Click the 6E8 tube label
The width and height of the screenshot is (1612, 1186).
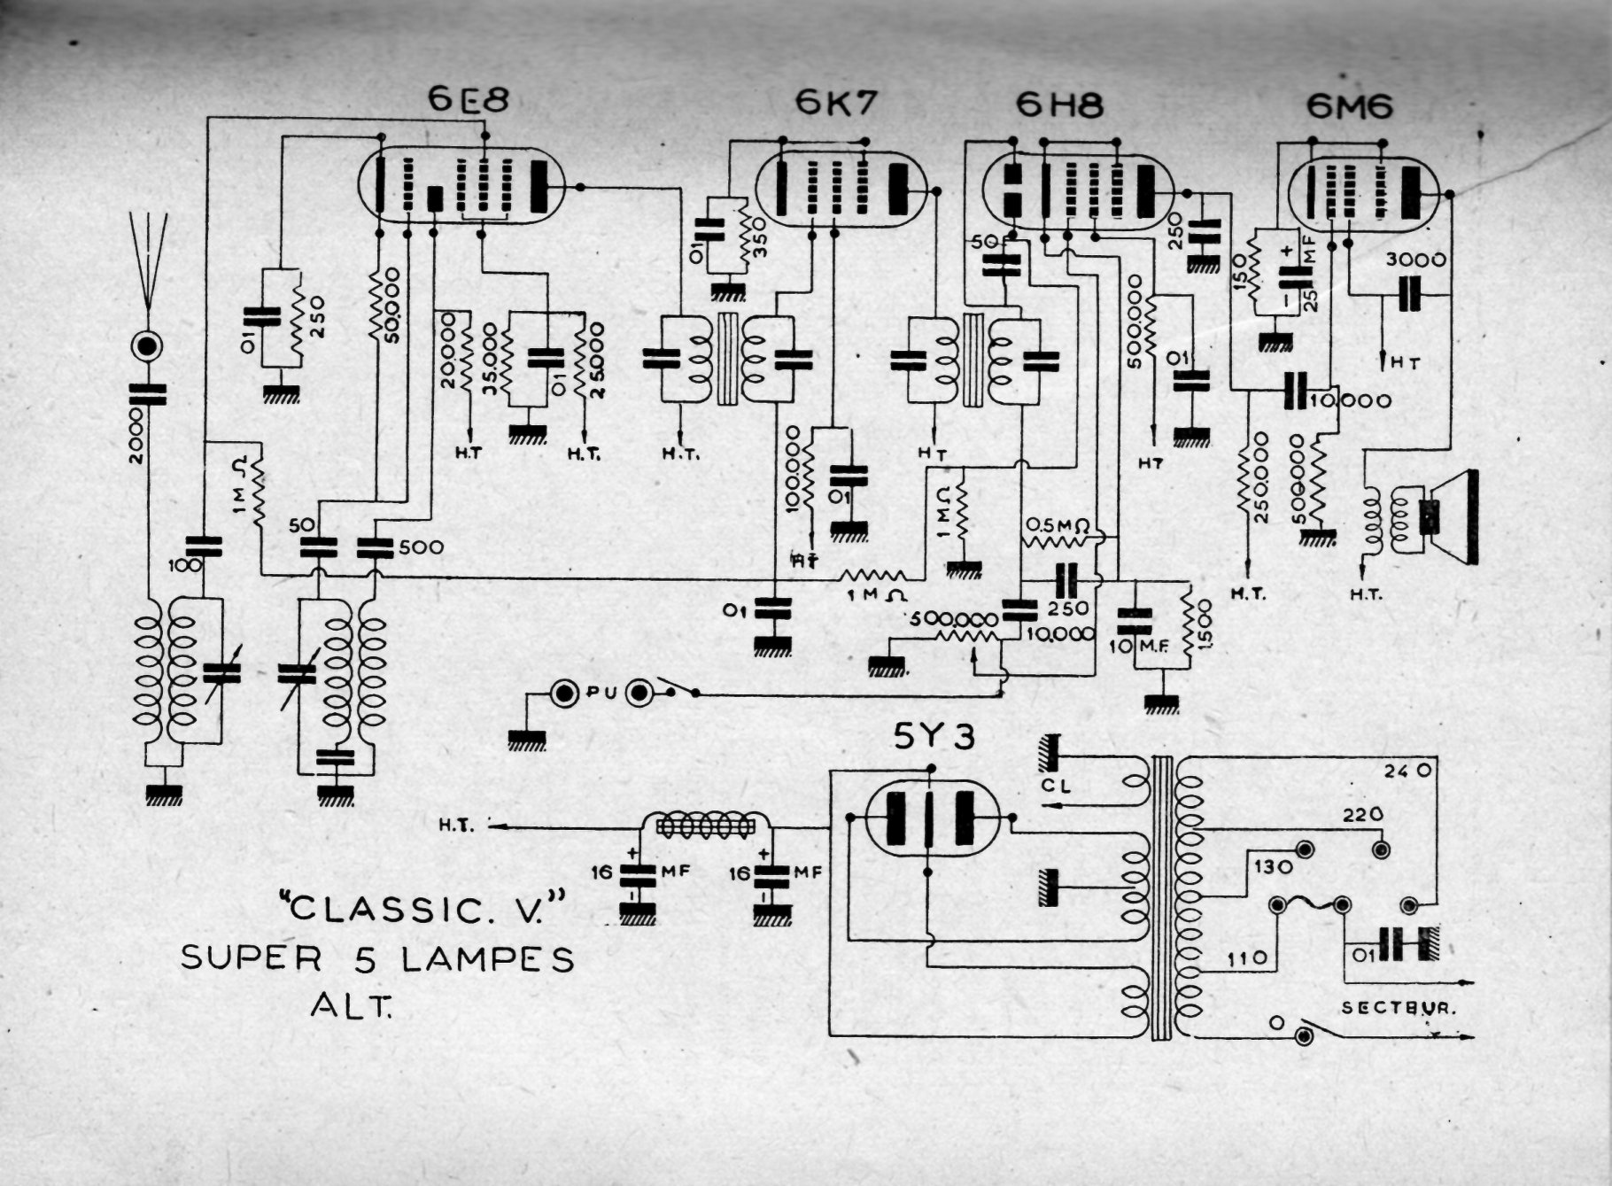coord(469,100)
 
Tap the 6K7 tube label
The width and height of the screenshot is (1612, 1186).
coord(835,103)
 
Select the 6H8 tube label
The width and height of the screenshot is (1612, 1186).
coord(1059,106)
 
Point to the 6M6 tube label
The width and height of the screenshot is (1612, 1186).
coord(1349,107)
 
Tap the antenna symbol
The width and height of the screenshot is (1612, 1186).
coord(148,257)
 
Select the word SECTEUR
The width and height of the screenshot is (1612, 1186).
coord(1399,1008)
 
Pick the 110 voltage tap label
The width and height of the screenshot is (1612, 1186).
coord(1247,958)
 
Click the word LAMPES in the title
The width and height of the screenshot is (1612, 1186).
coord(488,959)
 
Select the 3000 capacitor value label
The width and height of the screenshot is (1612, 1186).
coord(1415,260)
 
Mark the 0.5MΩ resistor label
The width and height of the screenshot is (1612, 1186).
coord(1057,525)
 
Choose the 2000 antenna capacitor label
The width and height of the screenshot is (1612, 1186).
coord(135,436)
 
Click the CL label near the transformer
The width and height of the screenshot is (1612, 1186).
coord(1056,785)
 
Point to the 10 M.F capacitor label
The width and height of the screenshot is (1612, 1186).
coord(1139,647)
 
